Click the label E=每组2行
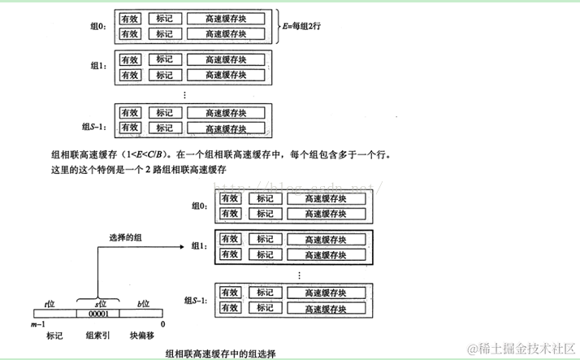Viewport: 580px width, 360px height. tap(305, 25)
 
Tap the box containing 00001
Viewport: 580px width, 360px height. tap(97, 314)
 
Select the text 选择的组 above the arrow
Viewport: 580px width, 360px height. tap(128, 238)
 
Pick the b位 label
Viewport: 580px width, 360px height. tap(144, 303)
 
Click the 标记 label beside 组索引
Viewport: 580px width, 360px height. tap(54, 335)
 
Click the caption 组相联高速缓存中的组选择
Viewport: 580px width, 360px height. tap(220, 353)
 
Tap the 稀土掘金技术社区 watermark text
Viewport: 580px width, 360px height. tap(525, 347)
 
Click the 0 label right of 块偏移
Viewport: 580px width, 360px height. tap(162, 324)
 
